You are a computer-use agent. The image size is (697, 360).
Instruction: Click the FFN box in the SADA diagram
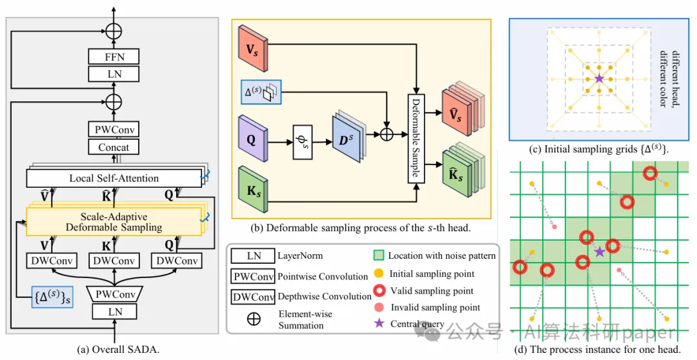click(x=114, y=57)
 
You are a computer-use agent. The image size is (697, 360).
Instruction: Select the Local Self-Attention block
click(x=114, y=177)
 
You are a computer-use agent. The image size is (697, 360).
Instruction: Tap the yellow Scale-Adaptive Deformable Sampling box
click(x=114, y=221)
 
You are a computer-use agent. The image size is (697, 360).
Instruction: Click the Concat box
click(x=114, y=147)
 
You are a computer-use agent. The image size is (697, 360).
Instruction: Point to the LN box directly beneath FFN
click(x=114, y=74)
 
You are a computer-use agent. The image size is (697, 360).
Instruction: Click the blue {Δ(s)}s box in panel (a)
click(x=53, y=298)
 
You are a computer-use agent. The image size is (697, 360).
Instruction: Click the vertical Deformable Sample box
click(x=416, y=139)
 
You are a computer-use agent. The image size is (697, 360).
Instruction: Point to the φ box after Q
click(x=306, y=139)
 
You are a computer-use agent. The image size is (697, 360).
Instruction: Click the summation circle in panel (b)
click(x=386, y=134)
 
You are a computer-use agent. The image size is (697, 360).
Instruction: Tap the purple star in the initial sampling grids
click(x=599, y=78)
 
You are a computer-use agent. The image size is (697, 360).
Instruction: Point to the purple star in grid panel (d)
click(x=600, y=251)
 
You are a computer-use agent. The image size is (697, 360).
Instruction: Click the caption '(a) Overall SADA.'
click(x=117, y=349)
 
